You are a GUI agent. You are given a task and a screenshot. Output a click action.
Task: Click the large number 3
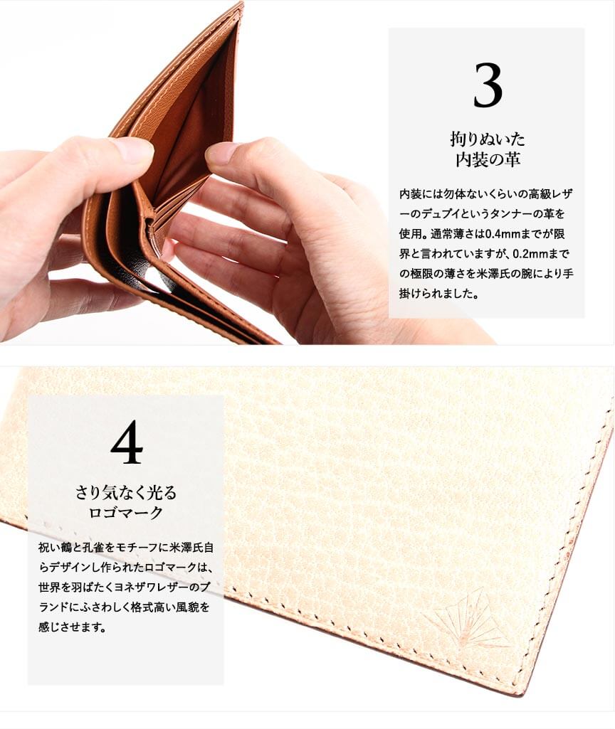pos(488,85)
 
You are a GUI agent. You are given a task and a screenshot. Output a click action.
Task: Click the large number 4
pos(127,442)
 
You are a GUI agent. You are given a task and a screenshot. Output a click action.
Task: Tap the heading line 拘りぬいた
pos(487,139)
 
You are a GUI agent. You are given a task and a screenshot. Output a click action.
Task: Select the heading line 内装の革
pos(487,159)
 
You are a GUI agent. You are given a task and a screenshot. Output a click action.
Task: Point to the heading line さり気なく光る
pos(126,492)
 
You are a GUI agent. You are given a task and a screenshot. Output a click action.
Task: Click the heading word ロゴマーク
pos(126,512)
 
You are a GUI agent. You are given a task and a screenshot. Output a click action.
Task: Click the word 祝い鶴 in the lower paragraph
pos(55,548)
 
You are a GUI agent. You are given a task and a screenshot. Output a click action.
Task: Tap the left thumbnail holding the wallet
pos(132,149)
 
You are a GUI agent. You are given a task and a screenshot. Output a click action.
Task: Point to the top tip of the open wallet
pos(242,3)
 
